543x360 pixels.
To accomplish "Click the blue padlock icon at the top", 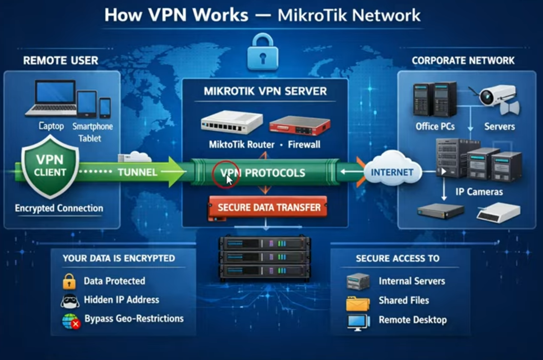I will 263,53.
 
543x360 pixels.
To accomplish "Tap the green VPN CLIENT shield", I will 50,167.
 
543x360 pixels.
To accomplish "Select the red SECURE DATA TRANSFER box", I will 269,208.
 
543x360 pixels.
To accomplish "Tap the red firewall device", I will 300,124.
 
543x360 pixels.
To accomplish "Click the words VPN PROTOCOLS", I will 263,173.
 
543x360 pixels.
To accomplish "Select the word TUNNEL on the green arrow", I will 137,172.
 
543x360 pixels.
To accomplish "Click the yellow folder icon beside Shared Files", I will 358,302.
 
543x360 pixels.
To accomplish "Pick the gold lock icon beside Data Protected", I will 69,282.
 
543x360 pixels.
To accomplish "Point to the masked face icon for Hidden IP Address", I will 70,301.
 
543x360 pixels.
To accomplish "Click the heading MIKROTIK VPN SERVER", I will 265,91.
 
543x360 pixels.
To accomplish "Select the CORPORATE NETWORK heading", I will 463,61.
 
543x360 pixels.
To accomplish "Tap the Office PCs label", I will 435,127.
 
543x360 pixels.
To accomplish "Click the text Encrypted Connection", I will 59,208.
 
